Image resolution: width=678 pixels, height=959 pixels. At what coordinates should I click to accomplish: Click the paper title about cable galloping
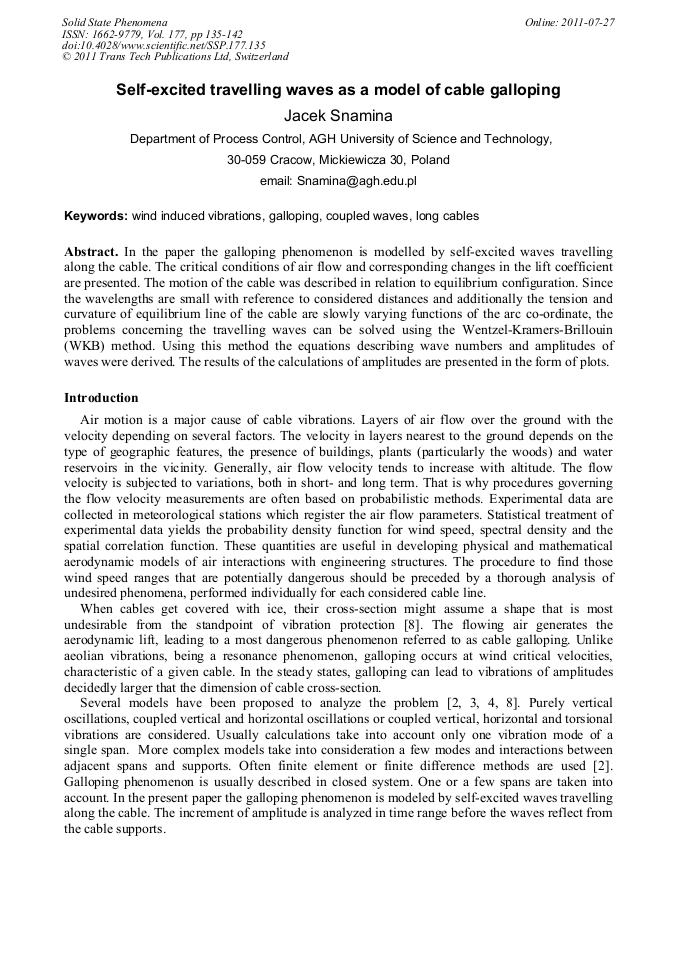pos(338,90)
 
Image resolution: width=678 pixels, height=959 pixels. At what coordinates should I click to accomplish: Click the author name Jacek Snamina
pos(338,115)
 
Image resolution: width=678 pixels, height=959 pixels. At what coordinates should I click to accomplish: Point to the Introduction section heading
pos(101,397)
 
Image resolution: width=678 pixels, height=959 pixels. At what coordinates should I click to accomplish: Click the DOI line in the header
pos(163,45)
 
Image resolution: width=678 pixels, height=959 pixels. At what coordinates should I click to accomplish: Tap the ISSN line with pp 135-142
pos(152,34)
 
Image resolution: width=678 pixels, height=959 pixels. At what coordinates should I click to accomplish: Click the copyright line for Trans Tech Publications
pos(175,57)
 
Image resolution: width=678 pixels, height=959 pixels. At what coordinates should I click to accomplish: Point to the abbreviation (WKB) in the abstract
pos(89,347)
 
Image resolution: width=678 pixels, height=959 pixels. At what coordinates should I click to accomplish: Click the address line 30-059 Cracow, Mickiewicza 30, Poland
pos(338,160)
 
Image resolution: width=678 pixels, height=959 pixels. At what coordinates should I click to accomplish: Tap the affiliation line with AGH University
pos(340,139)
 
